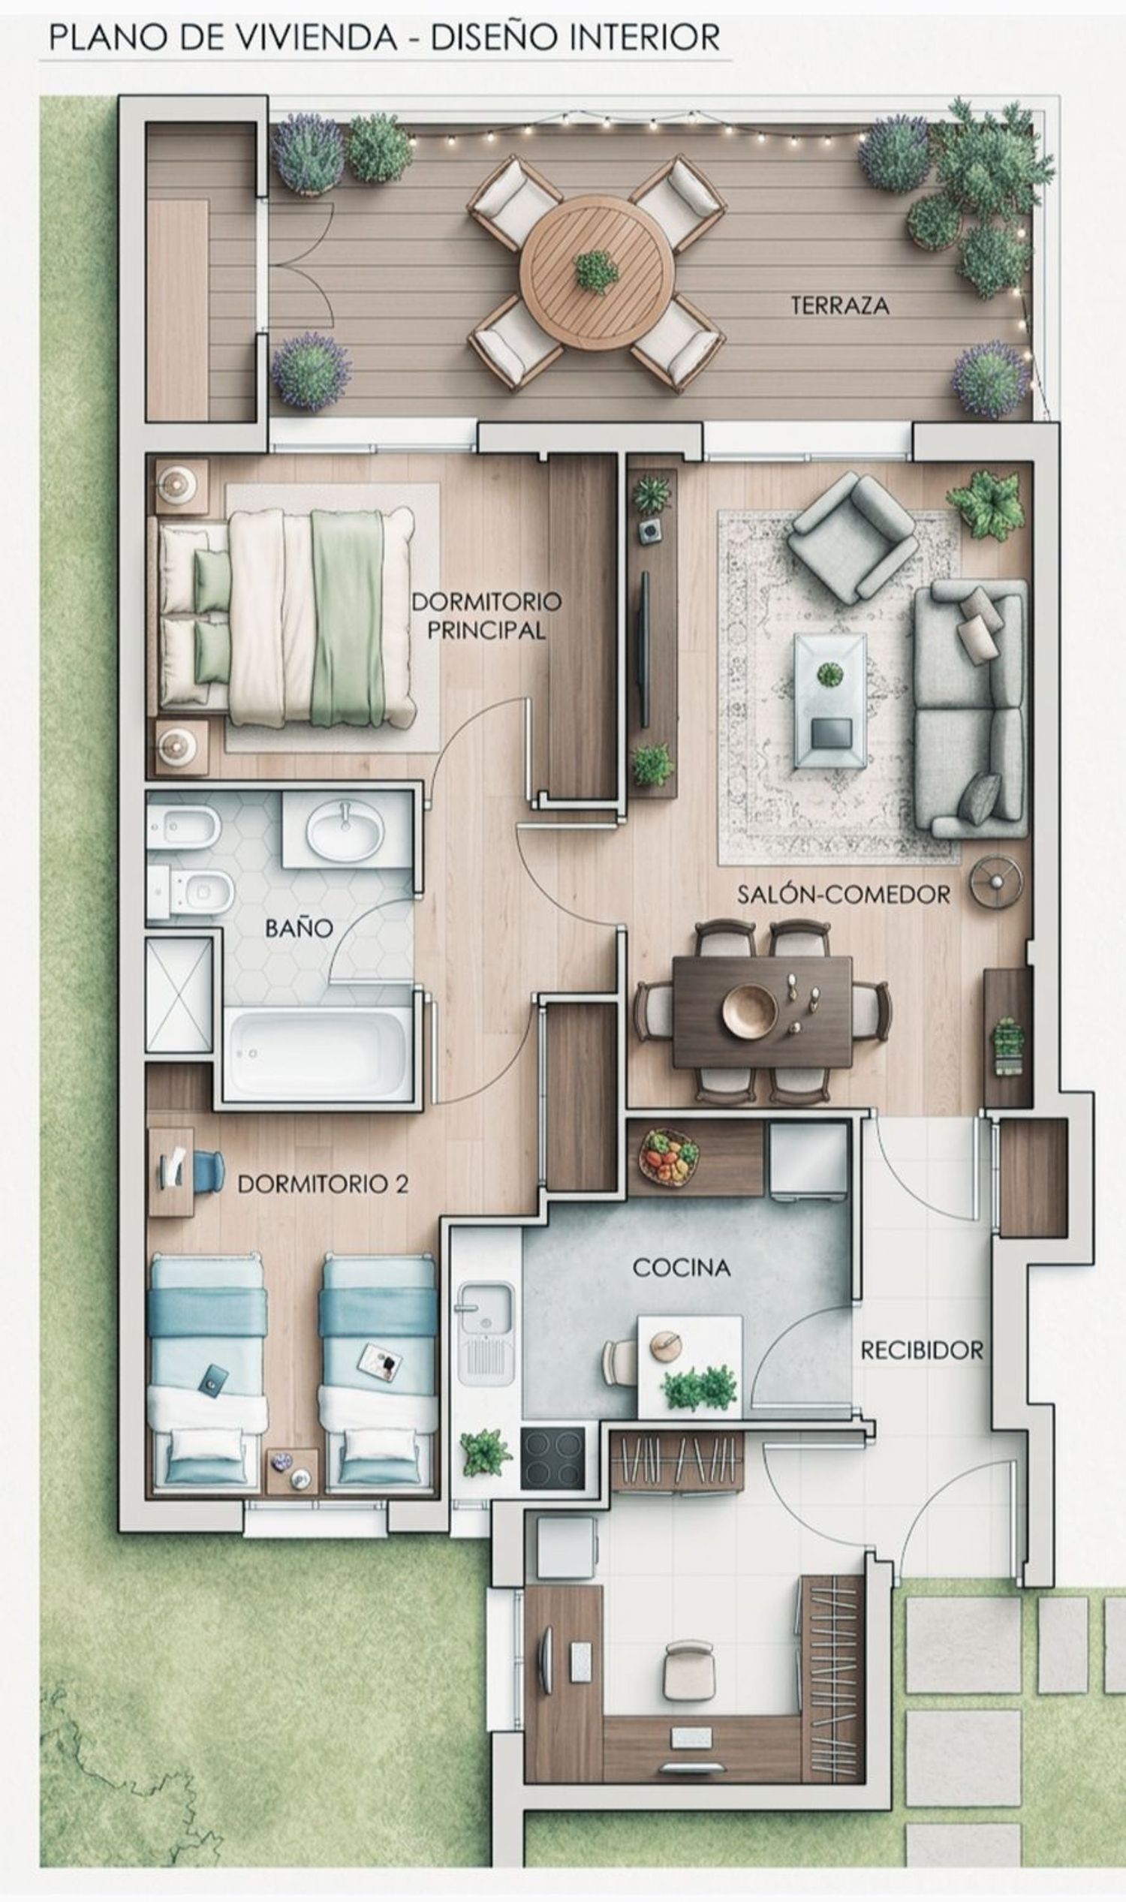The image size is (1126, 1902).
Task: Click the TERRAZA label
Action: [839, 305]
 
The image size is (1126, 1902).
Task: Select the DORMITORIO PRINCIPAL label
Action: [486, 616]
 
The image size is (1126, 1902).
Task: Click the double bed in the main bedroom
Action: [287, 618]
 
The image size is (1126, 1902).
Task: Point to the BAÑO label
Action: [299, 928]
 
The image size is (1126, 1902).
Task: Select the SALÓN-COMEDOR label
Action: [844, 895]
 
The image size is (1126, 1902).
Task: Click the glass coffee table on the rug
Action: [830, 701]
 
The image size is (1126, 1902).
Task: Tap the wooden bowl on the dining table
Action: [750, 1010]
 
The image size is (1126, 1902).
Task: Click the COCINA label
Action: [682, 1267]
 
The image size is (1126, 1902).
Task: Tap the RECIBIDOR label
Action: [922, 1350]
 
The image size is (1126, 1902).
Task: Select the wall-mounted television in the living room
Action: [645, 650]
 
